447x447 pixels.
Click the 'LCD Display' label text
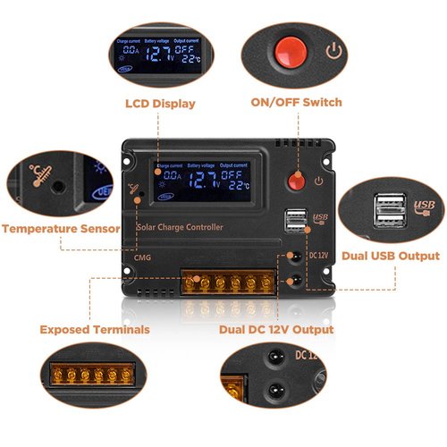coord(160,104)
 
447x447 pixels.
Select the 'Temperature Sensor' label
coord(61,229)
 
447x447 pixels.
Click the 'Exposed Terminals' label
coord(95,330)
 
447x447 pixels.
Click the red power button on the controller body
coord(295,181)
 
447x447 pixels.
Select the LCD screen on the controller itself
coord(203,179)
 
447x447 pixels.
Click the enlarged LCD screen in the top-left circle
coord(158,55)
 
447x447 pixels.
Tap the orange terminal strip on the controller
coord(228,283)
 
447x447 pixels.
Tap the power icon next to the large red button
coord(333,50)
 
